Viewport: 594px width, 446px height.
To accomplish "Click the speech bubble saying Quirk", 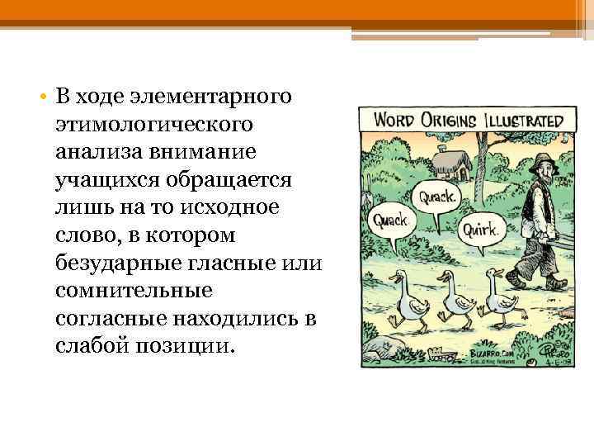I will pyautogui.click(x=478, y=228).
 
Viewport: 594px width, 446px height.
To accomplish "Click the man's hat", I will pyautogui.click(x=542, y=159).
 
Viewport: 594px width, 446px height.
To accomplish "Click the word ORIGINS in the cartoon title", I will pyautogui.click(x=455, y=117).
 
